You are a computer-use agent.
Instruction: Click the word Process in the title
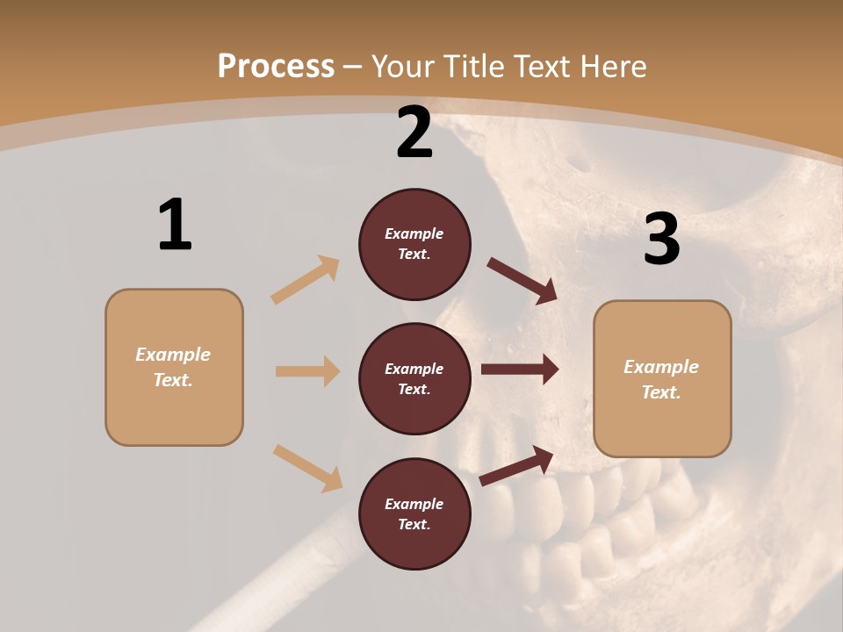(x=276, y=67)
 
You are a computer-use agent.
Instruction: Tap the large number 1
(x=175, y=226)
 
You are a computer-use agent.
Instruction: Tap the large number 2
(x=414, y=133)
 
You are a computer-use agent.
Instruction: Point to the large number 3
(x=661, y=240)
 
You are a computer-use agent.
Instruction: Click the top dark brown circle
(x=414, y=244)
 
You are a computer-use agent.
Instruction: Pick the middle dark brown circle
(x=414, y=378)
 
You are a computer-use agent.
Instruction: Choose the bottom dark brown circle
(x=414, y=513)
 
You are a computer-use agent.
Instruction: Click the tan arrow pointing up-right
(x=306, y=280)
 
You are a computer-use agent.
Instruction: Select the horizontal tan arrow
(x=307, y=371)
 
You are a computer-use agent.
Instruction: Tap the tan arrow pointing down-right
(x=307, y=468)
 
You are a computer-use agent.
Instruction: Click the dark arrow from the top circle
(x=522, y=281)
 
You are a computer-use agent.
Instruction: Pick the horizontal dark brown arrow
(x=519, y=370)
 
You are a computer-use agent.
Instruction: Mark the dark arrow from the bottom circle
(x=517, y=465)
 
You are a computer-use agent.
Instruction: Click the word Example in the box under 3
(x=661, y=367)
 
